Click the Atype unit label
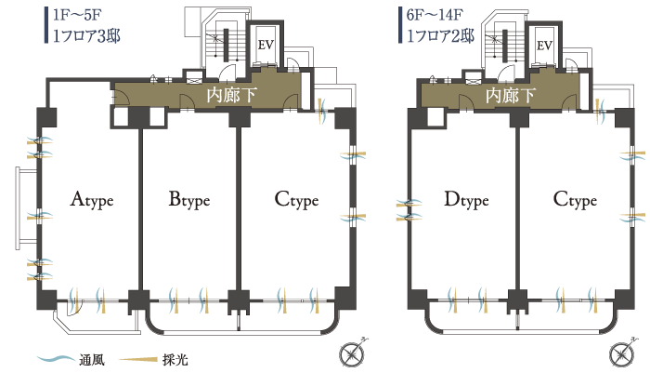pyautogui.click(x=91, y=199)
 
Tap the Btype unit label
pyautogui.click(x=189, y=199)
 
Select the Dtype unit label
pyautogui.click(x=466, y=199)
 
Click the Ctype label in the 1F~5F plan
pyautogui.click(x=296, y=199)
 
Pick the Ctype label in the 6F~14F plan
pyautogui.click(x=574, y=199)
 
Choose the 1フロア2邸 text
pyautogui.click(x=441, y=36)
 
